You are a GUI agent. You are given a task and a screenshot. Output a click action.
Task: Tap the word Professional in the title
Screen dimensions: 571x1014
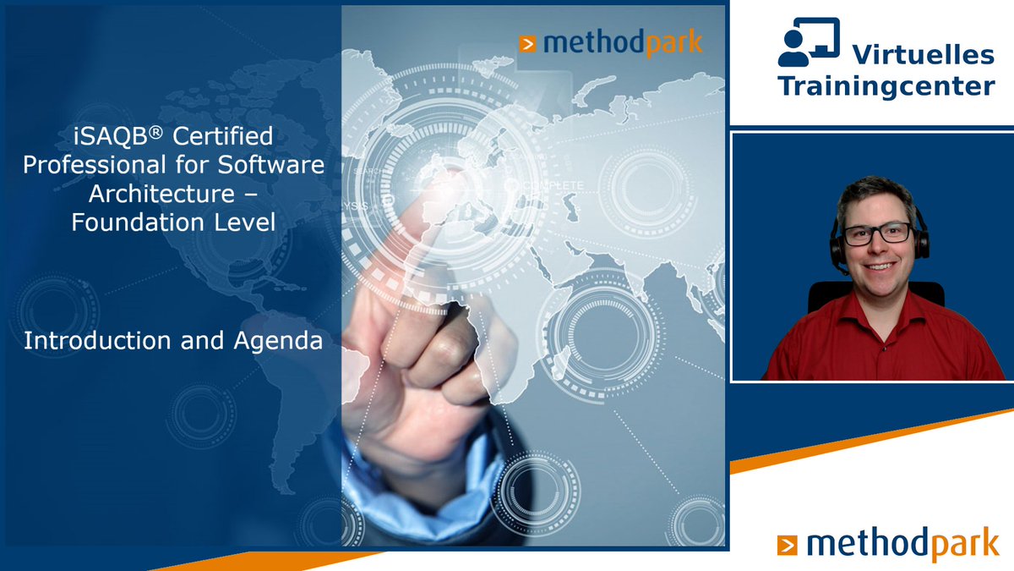coord(95,164)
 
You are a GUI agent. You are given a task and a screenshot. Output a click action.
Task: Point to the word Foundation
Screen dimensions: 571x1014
coord(136,223)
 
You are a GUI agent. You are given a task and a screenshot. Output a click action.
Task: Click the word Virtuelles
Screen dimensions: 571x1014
coord(922,55)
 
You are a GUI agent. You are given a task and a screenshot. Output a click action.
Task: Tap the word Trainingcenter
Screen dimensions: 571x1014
coord(886,85)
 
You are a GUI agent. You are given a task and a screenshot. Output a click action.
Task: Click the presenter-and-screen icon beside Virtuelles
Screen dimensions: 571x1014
coord(809,41)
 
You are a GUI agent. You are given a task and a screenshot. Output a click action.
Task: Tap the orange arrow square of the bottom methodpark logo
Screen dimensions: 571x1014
coord(788,545)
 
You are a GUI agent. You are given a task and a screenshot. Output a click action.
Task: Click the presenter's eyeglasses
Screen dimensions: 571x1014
coord(876,233)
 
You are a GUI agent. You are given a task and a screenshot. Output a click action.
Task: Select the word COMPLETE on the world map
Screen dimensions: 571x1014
coord(554,185)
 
